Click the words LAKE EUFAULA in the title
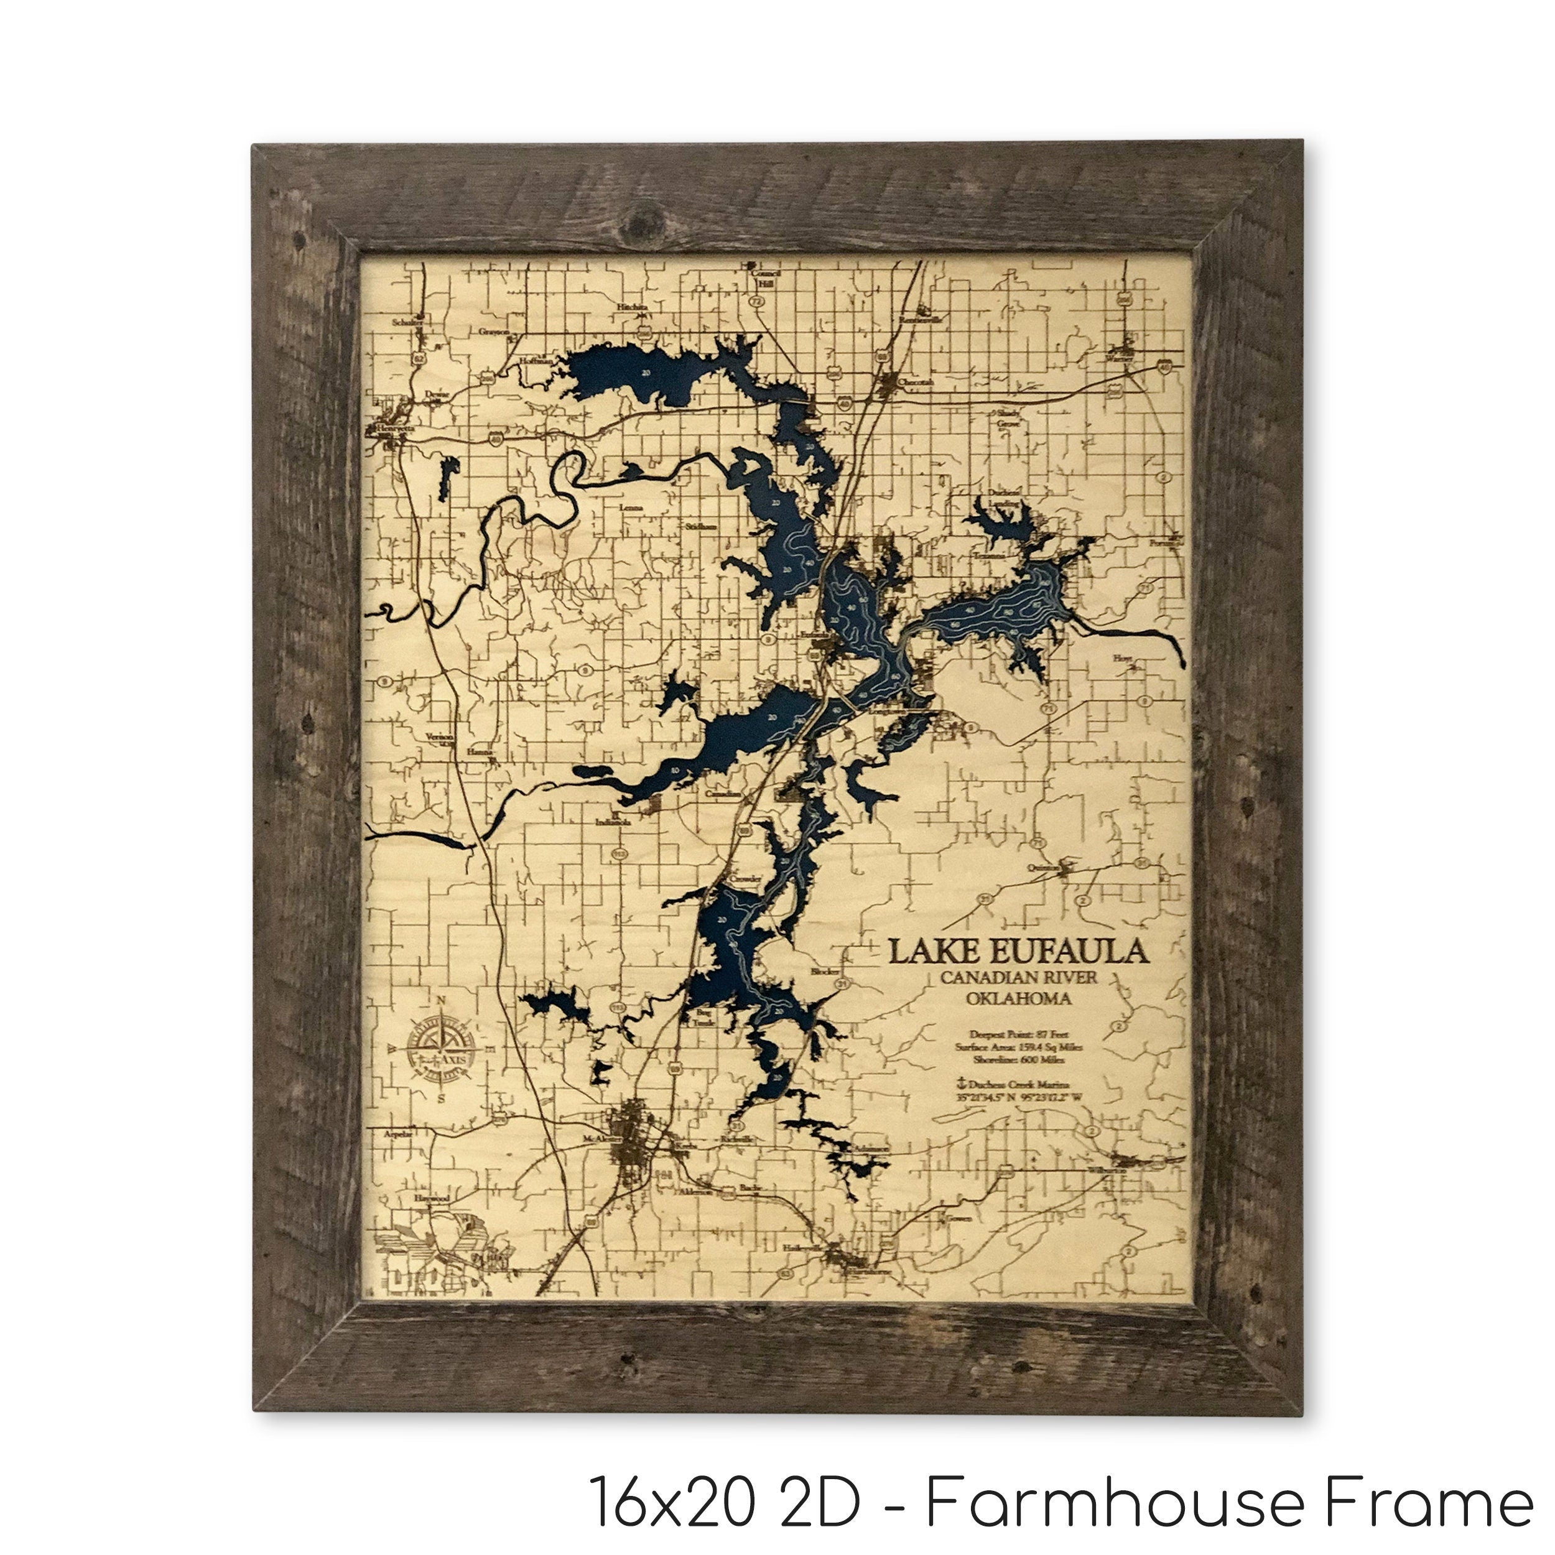pos(1018,952)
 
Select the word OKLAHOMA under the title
pos(1019,999)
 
